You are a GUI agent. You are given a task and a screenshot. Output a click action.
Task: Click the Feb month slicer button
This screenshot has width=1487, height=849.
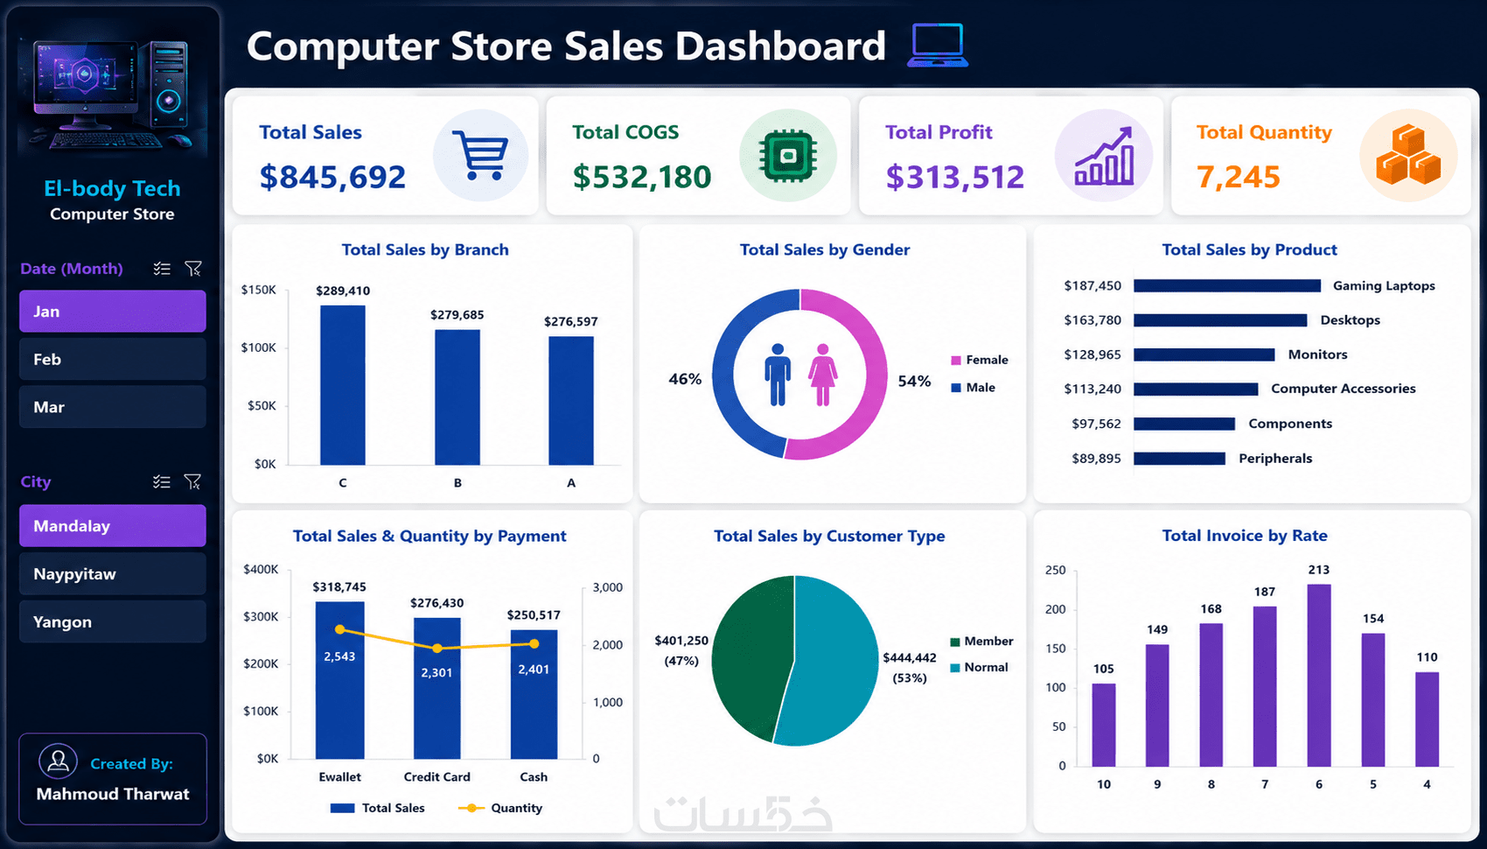112,360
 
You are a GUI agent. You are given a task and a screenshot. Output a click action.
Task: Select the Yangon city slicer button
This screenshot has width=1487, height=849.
112,621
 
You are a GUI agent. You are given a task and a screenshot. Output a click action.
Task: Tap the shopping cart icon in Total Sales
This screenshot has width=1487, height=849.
480,156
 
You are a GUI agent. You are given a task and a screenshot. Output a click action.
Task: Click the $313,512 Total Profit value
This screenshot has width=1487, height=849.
954,177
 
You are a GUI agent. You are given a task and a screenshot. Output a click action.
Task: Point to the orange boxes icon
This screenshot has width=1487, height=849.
1408,156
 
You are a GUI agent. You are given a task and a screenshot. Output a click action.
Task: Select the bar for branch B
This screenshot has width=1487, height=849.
457,397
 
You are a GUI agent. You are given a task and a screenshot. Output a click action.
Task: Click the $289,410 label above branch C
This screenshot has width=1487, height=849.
343,291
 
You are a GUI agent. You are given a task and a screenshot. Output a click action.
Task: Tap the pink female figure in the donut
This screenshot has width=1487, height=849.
822,375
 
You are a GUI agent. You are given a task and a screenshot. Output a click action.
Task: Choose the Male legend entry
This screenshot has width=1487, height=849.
974,387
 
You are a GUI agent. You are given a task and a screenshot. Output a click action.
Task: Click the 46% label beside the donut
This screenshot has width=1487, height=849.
685,379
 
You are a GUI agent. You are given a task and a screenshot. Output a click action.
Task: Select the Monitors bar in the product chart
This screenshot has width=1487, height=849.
1204,354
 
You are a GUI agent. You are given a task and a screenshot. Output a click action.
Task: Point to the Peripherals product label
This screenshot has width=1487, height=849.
1275,459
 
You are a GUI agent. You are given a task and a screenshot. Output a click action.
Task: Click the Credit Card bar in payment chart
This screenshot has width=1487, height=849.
436,688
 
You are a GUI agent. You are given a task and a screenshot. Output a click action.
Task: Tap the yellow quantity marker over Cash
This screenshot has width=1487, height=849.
534,643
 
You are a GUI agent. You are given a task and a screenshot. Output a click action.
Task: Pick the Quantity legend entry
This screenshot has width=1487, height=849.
500,808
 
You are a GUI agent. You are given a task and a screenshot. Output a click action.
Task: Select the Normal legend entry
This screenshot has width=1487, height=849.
979,667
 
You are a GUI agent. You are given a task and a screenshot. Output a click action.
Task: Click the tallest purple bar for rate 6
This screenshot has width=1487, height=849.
1319,675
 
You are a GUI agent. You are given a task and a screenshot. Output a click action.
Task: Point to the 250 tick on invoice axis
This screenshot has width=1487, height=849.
1056,570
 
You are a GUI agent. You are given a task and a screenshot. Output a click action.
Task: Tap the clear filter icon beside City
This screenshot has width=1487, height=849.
192,481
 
